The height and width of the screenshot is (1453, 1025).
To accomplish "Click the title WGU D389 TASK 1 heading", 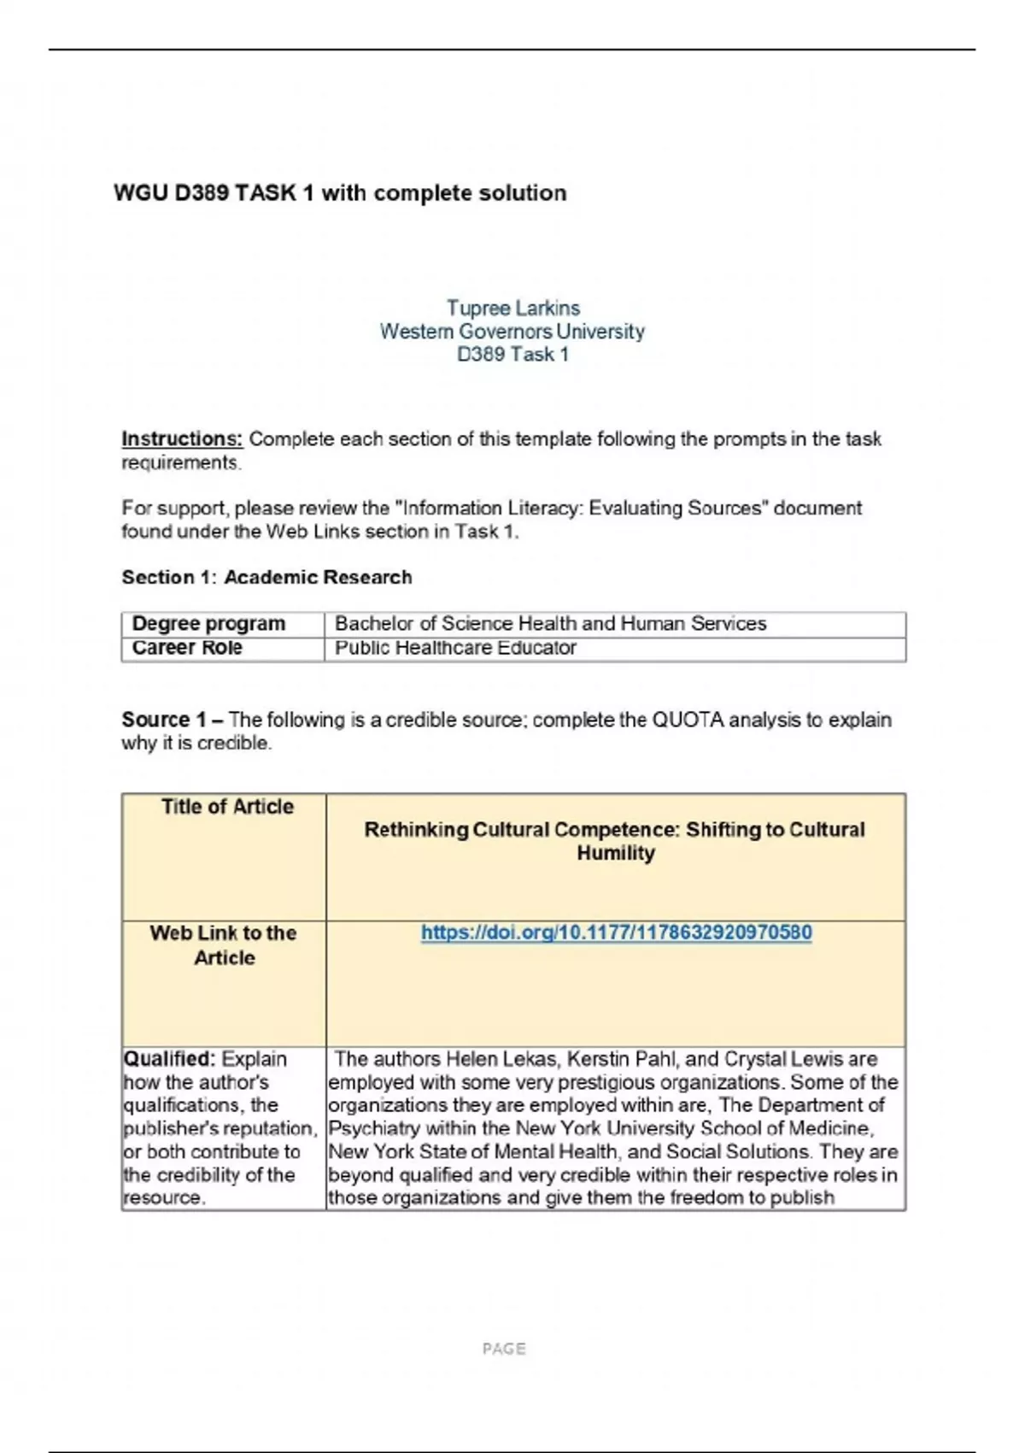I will tap(340, 193).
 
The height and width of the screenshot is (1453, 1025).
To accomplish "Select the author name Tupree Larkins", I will tap(512, 308).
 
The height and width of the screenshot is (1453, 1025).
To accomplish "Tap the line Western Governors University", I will tap(512, 331).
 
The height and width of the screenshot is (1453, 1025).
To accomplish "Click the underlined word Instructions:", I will tap(182, 438).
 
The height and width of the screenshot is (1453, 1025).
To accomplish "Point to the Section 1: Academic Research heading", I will tap(266, 577).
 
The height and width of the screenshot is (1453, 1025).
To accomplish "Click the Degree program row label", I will tap(208, 623).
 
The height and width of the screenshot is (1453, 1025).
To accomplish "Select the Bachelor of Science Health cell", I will tap(550, 623).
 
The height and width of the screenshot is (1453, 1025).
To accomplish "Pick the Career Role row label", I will tap(187, 648).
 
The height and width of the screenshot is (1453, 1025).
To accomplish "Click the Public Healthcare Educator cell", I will tap(455, 648).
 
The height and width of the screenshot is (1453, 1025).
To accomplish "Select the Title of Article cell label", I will tap(227, 807).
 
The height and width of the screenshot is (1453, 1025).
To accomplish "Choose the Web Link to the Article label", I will tap(224, 944).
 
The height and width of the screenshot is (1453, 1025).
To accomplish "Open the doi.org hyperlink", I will tap(616, 932).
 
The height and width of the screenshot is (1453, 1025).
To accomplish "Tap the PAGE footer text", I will tap(504, 1349).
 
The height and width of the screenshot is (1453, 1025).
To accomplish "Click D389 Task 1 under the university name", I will tap(512, 354).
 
